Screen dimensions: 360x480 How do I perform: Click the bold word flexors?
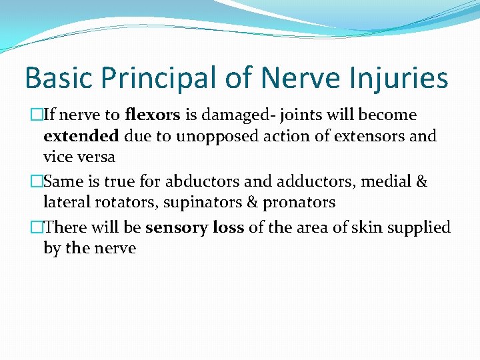[x=153, y=115]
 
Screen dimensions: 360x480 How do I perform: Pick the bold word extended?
[x=81, y=136]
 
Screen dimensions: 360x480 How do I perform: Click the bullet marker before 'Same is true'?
[x=37, y=181]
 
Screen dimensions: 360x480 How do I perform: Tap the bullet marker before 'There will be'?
[x=37, y=227]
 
